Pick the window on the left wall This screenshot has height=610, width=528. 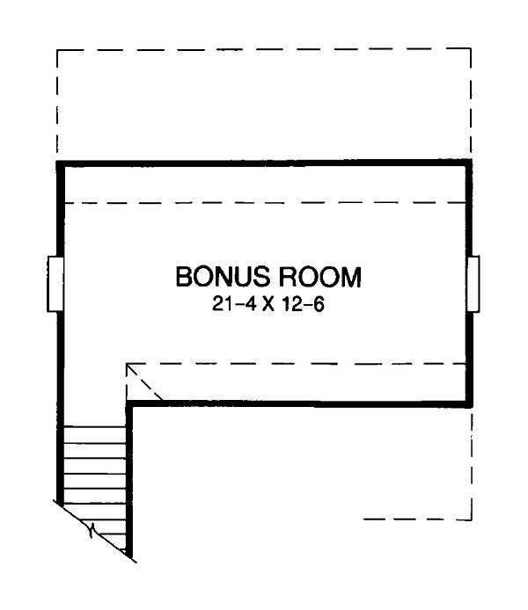coord(55,283)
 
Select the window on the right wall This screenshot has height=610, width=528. coord(473,283)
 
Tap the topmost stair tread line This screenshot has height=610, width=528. coord(95,426)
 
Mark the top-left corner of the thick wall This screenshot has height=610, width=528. coord(60,163)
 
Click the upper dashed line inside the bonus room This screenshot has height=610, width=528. coord(264,202)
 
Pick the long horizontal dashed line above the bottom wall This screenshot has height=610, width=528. coord(299,362)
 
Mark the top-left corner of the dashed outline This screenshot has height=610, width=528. coord(57,50)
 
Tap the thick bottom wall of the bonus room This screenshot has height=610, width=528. coord(299,403)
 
